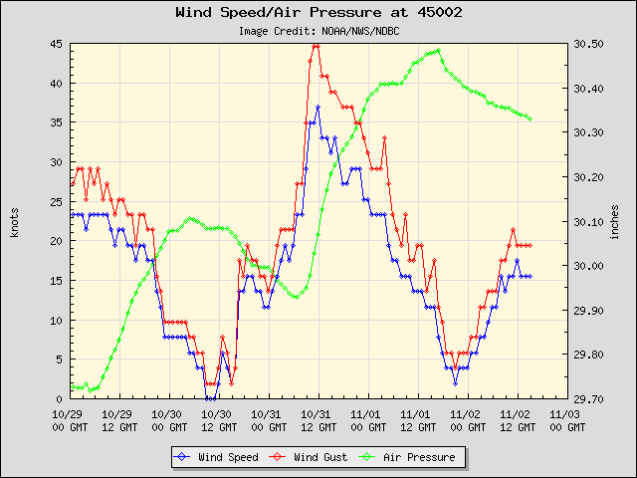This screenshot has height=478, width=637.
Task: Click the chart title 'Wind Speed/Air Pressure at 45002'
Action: (318, 13)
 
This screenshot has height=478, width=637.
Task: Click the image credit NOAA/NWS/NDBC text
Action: (318, 31)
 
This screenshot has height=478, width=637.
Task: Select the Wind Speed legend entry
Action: (215, 457)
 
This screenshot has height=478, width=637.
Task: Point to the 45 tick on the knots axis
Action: (56, 44)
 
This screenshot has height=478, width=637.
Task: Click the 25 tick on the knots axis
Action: (56, 201)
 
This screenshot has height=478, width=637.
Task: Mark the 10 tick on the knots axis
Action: (56, 320)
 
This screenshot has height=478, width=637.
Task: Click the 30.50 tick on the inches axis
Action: (588, 44)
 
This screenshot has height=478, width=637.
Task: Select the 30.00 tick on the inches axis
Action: (588, 266)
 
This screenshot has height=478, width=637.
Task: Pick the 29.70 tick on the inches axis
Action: (588, 398)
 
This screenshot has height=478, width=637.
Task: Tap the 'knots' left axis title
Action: (14, 221)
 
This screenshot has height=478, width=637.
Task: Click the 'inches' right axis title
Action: (615, 221)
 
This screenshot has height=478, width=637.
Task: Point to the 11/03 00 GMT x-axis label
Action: (565, 419)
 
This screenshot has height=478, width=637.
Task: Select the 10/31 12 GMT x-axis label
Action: (317, 419)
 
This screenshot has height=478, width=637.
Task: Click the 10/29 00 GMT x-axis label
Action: (68, 419)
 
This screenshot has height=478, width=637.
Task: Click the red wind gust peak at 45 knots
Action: (316, 45)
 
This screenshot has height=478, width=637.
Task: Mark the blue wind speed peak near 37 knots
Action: (318, 107)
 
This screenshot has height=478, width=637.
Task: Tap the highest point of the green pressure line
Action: (438, 50)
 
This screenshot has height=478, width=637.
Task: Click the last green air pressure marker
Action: (531, 119)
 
